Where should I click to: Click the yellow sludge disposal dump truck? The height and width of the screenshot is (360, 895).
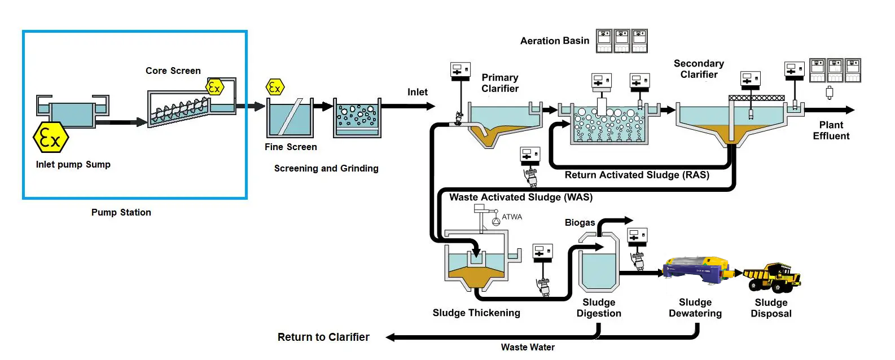772,276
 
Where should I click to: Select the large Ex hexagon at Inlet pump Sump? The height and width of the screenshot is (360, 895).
51,137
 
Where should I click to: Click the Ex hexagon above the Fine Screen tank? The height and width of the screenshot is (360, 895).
275,87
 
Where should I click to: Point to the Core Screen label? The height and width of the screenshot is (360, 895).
173,71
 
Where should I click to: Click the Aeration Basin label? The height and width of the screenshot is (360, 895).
554,41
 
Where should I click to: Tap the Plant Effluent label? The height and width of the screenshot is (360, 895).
831,130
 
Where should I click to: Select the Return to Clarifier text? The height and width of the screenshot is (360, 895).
323,337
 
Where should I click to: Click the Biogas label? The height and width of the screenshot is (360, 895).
580,222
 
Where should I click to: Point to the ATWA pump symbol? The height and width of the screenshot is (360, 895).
496,221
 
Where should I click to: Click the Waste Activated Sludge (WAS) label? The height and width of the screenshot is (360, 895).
520,197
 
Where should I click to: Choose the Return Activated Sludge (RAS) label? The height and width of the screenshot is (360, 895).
637,175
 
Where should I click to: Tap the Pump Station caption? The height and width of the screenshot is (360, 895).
121,212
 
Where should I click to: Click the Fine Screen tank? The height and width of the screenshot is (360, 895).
289,118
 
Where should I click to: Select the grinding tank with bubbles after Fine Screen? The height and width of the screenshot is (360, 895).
357,119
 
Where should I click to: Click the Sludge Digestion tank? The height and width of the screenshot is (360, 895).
598,271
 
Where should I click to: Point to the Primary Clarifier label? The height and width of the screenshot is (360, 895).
500,83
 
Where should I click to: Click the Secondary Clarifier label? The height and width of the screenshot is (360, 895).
699,69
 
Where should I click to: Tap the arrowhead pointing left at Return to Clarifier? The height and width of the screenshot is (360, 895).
391,337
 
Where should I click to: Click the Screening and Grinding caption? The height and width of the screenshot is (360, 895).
326,168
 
